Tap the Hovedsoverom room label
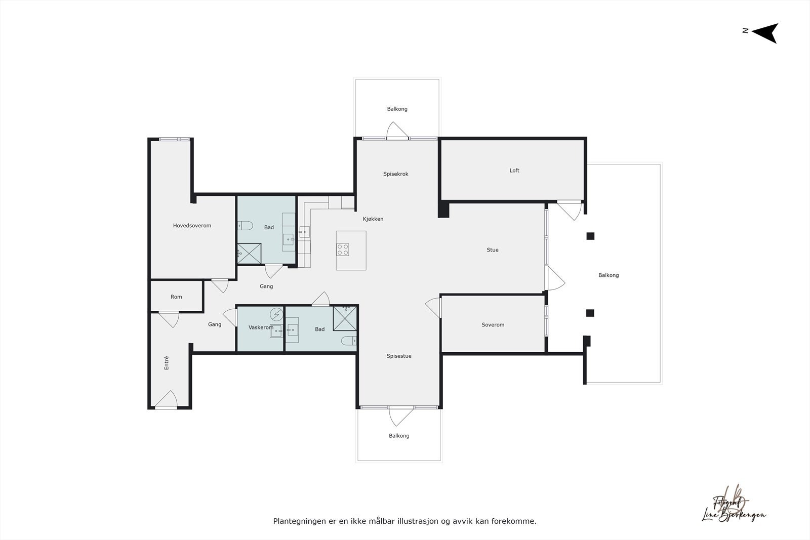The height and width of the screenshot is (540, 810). pyautogui.click(x=192, y=226)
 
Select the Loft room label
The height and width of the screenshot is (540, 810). pyautogui.click(x=514, y=171)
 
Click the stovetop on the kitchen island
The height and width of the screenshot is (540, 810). pyautogui.click(x=343, y=249)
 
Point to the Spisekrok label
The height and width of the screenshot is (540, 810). pyautogui.click(x=395, y=174)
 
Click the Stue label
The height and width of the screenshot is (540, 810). pyautogui.click(x=493, y=250)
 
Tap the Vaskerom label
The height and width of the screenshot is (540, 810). pyautogui.click(x=261, y=328)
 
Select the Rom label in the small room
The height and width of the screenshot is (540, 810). pyautogui.click(x=176, y=297)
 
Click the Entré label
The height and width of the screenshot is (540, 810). pyautogui.click(x=167, y=363)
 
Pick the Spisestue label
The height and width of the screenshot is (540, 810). pyautogui.click(x=399, y=356)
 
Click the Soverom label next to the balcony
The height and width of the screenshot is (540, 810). pyautogui.click(x=493, y=325)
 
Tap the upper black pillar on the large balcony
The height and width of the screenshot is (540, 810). pyautogui.click(x=590, y=236)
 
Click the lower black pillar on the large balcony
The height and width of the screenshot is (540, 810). pyautogui.click(x=590, y=313)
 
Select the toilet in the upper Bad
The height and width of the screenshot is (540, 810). pyautogui.click(x=245, y=225)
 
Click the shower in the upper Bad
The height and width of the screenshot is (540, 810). pyautogui.click(x=250, y=254)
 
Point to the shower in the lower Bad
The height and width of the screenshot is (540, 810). pyautogui.click(x=345, y=318)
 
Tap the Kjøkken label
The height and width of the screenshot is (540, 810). pyautogui.click(x=373, y=219)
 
